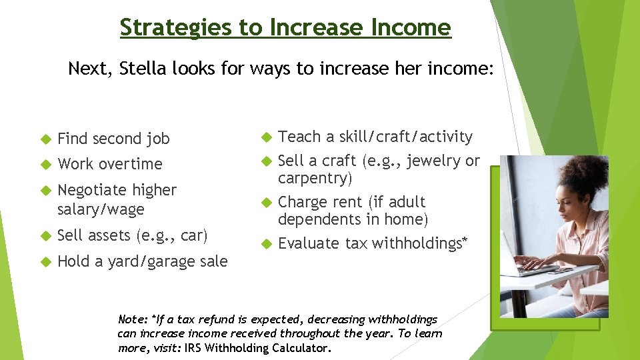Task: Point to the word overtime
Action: [x=131, y=164]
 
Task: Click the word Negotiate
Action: [x=91, y=190]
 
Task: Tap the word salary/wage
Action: [x=101, y=209]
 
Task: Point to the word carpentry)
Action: [x=315, y=178]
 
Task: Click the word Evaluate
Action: [x=309, y=243]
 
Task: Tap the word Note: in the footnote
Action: [x=133, y=319]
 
